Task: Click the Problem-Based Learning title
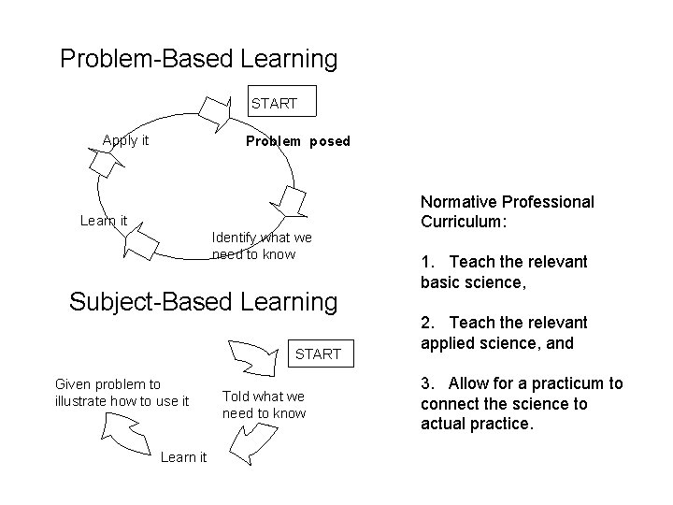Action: [198, 59]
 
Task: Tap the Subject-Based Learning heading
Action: [203, 302]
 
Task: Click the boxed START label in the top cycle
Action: [274, 103]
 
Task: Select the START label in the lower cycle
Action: [318, 353]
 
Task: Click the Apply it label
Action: [125, 141]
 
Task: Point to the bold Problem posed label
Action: [297, 142]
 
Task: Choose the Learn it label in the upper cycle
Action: [104, 221]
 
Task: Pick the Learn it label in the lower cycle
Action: [183, 456]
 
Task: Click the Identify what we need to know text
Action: [262, 246]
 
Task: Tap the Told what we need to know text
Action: [264, 405]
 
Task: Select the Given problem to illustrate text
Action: [122, 393]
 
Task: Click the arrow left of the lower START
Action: [250, 356]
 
